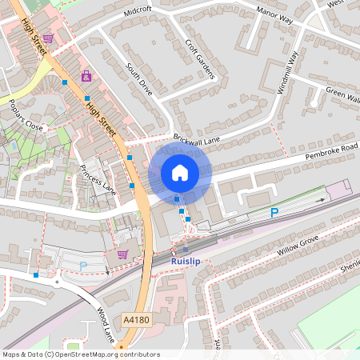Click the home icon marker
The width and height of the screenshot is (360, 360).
pos(180,173)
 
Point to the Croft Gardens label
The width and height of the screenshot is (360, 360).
pos(200,60)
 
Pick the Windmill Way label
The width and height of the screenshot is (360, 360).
pos(287,74)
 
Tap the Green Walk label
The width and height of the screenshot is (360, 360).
pos(342,94)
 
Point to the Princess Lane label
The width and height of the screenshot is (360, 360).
pos(98,179)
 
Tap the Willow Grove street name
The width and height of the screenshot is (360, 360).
pos(298,243)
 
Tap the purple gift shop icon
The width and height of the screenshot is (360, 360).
pos(86,77)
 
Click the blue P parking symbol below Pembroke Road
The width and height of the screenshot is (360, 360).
pos(274,213)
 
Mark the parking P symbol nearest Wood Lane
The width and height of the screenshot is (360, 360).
pos(83,266)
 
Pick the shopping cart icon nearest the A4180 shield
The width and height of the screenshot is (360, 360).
pos(122,254)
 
